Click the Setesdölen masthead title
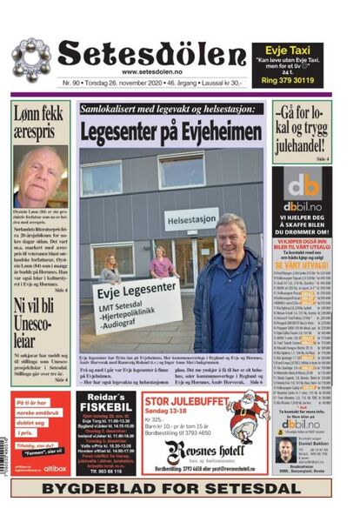coord(152,54)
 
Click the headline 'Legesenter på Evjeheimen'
coord(171,131)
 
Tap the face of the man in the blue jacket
coord(230,234)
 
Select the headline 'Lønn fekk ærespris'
coord(39,123)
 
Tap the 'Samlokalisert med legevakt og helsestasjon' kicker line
coord(170,110)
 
